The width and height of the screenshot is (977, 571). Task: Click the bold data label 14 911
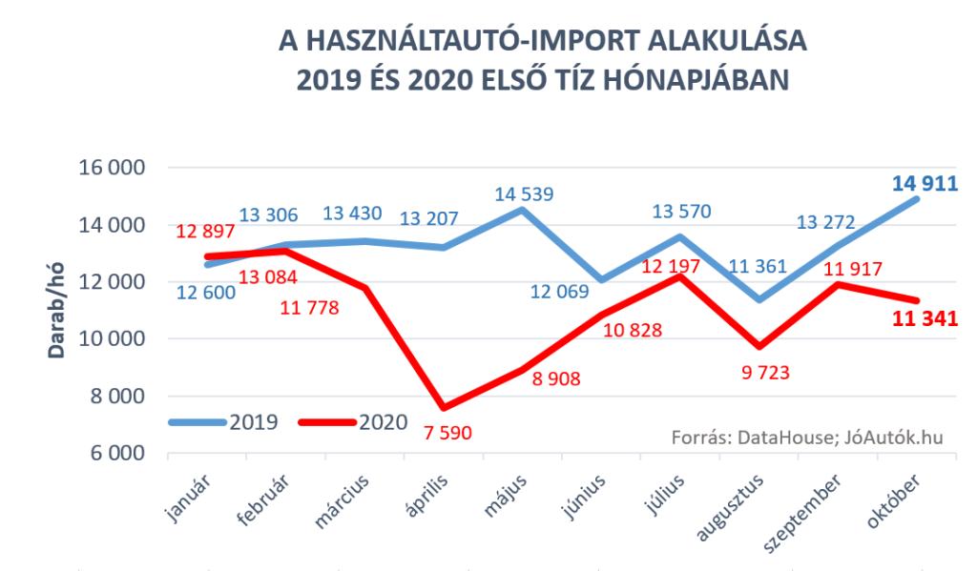pyautogui.click(x=925, y=183)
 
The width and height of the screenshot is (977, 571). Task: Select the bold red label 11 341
pyautogui.click(x=925, y=319)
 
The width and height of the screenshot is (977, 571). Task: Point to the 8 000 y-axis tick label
pyautogui.click(x=115, y=397)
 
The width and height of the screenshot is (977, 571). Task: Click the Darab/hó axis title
pyautogui.click(x=57, y=311)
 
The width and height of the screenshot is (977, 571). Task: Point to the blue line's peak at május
pyautogui.click(x=520, y=209)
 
